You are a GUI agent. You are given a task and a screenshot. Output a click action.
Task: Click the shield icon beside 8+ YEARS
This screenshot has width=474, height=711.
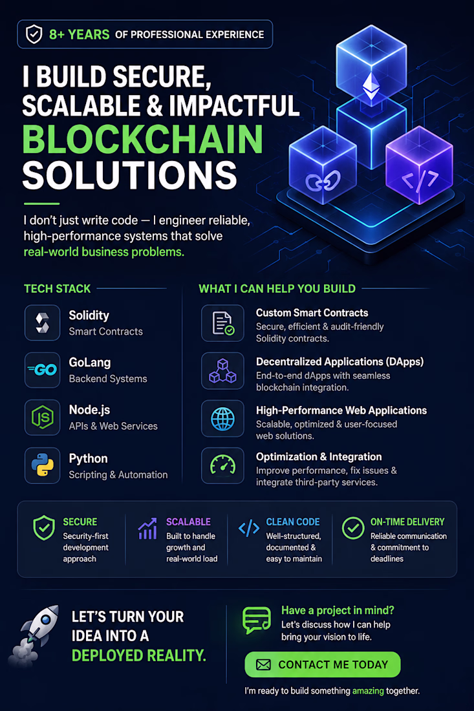[x=34, y=34]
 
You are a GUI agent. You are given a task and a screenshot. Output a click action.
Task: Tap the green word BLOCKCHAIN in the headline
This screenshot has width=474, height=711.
[x=143, y=139]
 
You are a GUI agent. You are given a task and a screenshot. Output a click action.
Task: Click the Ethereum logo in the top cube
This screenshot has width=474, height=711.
[x=371, y=86]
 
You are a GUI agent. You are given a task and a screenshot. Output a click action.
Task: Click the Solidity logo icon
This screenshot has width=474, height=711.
[x=42, y=323]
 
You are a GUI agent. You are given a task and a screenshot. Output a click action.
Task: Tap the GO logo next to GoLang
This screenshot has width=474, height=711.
[x=42, y=370]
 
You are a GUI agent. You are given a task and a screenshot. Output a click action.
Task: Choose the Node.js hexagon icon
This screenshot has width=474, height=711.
[x=42, y=417]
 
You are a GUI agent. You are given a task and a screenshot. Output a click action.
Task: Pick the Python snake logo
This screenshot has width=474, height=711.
[x=42, y=465]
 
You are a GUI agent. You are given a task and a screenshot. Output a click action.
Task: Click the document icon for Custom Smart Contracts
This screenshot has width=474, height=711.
[x=222, y=323]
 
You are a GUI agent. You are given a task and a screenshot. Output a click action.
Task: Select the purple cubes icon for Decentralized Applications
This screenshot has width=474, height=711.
[x=222, y=371]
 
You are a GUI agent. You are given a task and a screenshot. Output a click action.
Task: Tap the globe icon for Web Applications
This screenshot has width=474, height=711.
[x=222, y=419]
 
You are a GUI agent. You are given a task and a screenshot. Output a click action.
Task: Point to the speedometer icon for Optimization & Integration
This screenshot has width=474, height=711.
[x=222, y=465]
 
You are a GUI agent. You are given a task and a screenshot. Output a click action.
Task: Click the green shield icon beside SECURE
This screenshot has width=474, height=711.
[x=44, y=528]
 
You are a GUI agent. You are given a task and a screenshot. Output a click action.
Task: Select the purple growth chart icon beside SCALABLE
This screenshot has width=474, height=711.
[x=147, y=529]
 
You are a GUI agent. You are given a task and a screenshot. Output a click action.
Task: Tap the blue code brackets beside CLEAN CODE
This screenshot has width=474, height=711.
[x=249, y=528]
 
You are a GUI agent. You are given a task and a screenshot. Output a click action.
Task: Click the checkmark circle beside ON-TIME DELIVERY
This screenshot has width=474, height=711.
[x=353, y=528]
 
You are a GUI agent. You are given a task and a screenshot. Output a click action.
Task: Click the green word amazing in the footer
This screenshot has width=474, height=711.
[x=368, y=690]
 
